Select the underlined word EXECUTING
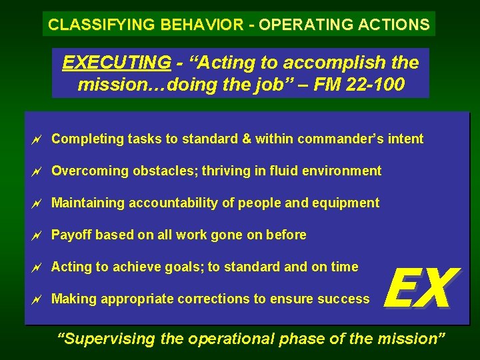pos(116,63)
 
